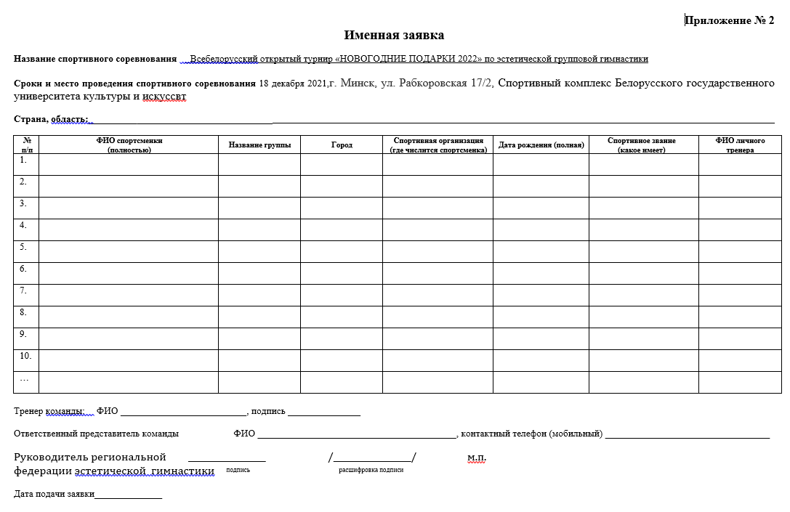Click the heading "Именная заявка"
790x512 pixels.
point(394,35)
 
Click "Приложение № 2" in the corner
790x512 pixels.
point(730,20)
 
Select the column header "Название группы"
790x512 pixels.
point(259,145)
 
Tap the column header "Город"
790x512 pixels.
point(342,145)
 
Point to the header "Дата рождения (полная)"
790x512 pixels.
point(541,145)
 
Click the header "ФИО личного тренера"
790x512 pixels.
point(740,145)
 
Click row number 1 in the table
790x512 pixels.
point(24,160)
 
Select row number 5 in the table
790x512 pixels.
point(24,247)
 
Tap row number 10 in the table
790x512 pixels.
point(25,356)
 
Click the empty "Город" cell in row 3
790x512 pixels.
point(342,208)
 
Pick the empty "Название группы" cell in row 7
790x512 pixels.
point(259,295)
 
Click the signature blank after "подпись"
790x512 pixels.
point(324,413)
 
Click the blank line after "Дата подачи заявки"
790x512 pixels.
point(128,495)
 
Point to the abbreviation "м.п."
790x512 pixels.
point(477,458)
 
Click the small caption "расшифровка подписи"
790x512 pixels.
point(371,470)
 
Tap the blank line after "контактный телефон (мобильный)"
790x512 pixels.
point(687,434)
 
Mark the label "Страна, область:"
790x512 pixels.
point(51,119)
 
